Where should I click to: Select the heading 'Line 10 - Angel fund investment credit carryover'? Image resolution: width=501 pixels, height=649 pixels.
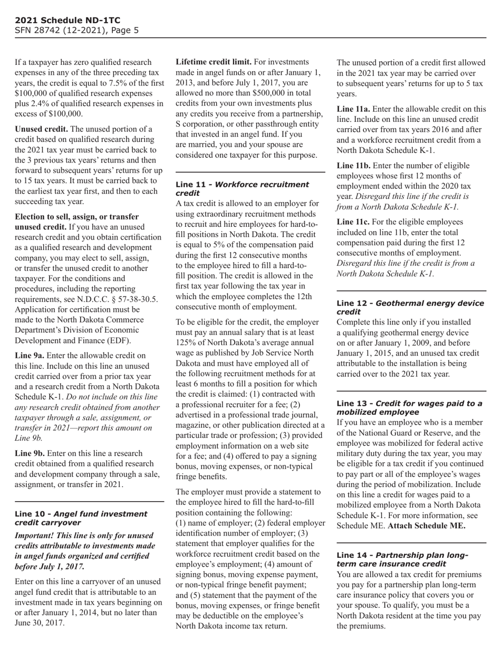point(81,518)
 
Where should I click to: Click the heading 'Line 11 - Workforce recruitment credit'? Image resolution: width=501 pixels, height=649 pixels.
point(242,189)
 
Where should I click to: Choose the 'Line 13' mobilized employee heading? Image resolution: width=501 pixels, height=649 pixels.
point(409,407)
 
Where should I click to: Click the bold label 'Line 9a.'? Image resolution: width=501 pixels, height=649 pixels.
point(30,356)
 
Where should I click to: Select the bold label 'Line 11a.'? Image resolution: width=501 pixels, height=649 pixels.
point(354,109)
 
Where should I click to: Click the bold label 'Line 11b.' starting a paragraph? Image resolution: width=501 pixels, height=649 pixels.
point(354,166)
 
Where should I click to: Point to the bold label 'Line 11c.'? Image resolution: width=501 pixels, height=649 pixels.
point(353,222)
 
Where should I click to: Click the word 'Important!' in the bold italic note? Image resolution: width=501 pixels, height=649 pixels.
point(36,535)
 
